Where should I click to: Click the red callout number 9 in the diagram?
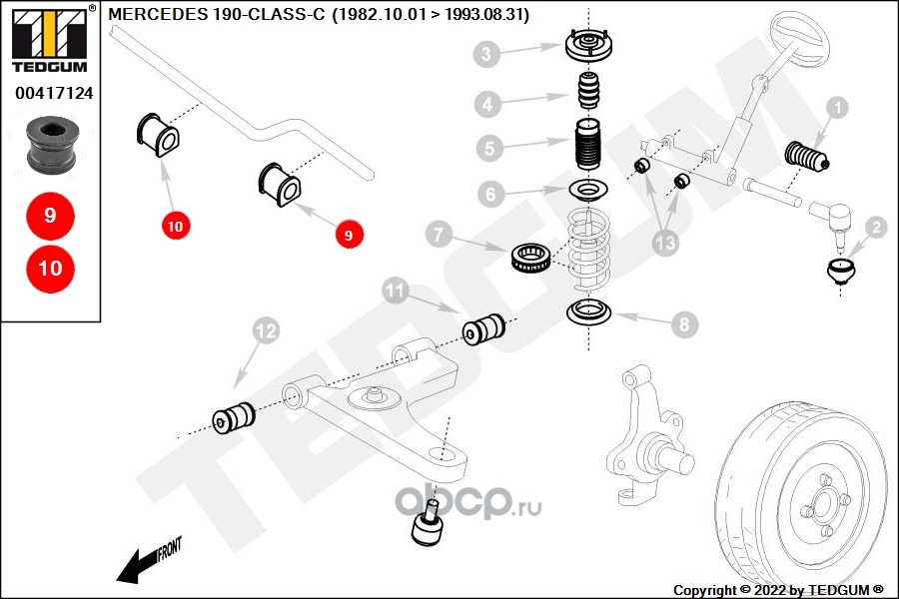[x=349, y=236]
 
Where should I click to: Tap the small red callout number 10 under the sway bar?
[x=176, y=227]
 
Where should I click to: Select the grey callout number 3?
[x=486, y=54]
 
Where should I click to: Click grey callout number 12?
[x=265, y=329]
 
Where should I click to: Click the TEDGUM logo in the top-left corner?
[x=50, y=40]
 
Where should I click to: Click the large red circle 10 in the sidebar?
[x=50, y=268]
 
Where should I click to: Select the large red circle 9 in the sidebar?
[x=50, y=216]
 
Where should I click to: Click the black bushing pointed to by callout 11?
[x=484, y=328]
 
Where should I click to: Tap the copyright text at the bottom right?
[x=779, y=590]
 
